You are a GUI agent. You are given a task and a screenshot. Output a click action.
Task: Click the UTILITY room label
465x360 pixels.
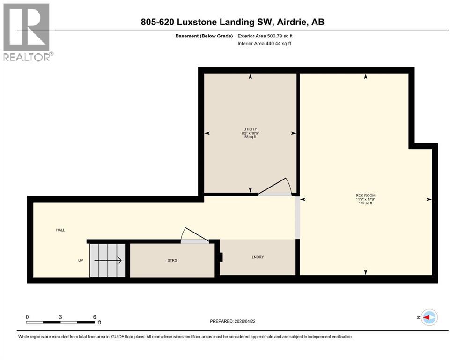point(250,129)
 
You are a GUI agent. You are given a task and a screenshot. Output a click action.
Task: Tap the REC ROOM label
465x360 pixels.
point(365,195)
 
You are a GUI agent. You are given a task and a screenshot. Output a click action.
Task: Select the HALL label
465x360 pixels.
point(60,230)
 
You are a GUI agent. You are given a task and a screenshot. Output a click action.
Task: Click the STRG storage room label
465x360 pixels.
point(172,260)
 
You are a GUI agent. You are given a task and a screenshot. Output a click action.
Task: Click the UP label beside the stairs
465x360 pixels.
point(81,260)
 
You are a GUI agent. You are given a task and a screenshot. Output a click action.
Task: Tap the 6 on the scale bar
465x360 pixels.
point(95,317)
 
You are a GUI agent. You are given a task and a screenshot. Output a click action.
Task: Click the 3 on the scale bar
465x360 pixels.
point(61,317)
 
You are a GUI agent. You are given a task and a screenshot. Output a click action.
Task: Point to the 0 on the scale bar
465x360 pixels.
point(27,317)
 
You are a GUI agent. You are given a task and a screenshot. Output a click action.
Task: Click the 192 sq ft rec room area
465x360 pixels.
point(365,203)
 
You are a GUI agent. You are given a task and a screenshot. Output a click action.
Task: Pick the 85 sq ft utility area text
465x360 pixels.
point(250,137)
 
